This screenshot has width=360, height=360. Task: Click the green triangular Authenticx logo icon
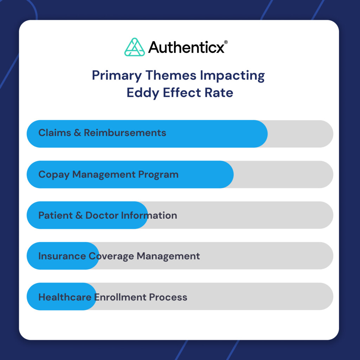click(135, 47)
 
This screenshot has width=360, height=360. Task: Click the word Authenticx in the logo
click(186, 47)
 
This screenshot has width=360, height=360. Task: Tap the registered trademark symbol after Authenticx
click(226, 42)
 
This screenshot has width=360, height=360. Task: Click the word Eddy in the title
click(140, 93)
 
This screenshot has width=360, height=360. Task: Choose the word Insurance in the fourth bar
click(62, 256)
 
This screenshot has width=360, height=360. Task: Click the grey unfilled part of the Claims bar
click(299, 134)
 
